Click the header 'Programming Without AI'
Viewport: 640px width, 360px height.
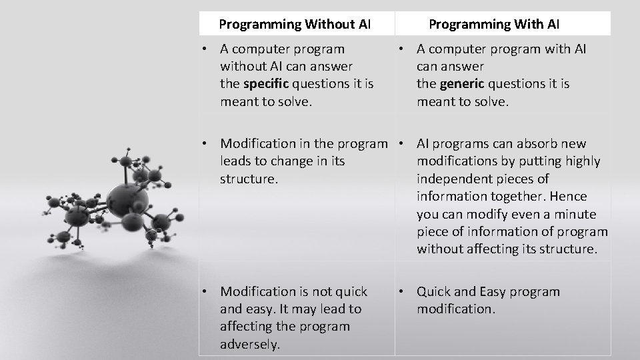pos(295,25)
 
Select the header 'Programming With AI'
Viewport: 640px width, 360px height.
pos(494,25)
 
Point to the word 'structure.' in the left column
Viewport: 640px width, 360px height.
pos(247,179)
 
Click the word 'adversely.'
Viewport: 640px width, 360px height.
pos(250,344)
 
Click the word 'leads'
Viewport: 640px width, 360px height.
pos(238,161)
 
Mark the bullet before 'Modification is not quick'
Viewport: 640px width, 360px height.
pos(207,291)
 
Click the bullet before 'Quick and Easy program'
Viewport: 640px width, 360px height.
pos(403,291)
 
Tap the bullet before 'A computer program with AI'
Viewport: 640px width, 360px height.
pos(403,49)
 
